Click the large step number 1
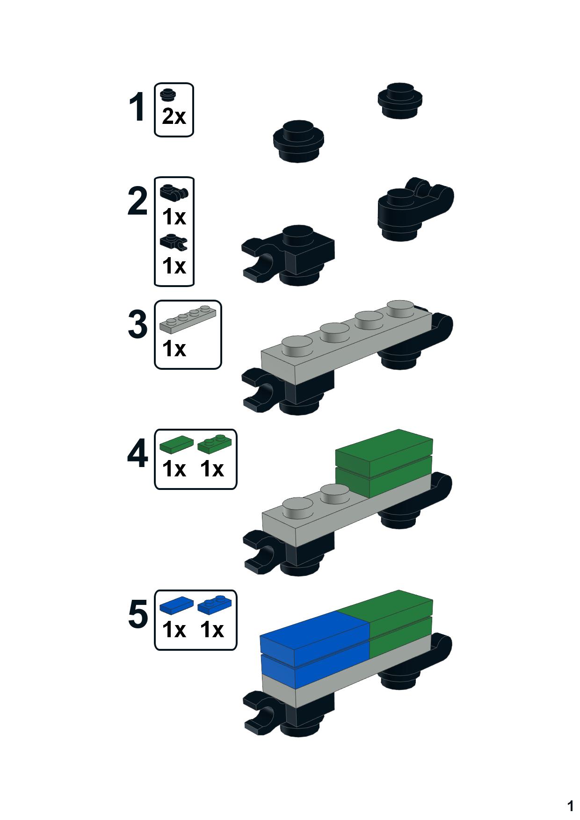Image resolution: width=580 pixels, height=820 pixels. click(x=137, y=108)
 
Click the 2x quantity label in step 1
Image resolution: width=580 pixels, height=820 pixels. click(x=174, y=116)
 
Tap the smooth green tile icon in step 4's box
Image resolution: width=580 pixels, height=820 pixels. click(x=176, y=444)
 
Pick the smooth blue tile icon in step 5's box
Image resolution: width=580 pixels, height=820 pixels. click(x=176, y=605)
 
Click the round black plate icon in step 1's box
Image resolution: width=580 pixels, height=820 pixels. click(x=167, y=94)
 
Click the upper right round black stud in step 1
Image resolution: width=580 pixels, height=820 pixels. click(x=400, y=101)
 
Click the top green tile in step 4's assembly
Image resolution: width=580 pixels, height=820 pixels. click(x=384, y=447)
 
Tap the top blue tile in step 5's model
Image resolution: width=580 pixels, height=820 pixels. click(x=313, y=633)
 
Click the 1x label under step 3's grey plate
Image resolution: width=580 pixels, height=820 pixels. click(x=174, y=349)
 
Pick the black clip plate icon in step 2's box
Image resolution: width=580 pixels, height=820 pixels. click(x=173, y=241)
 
